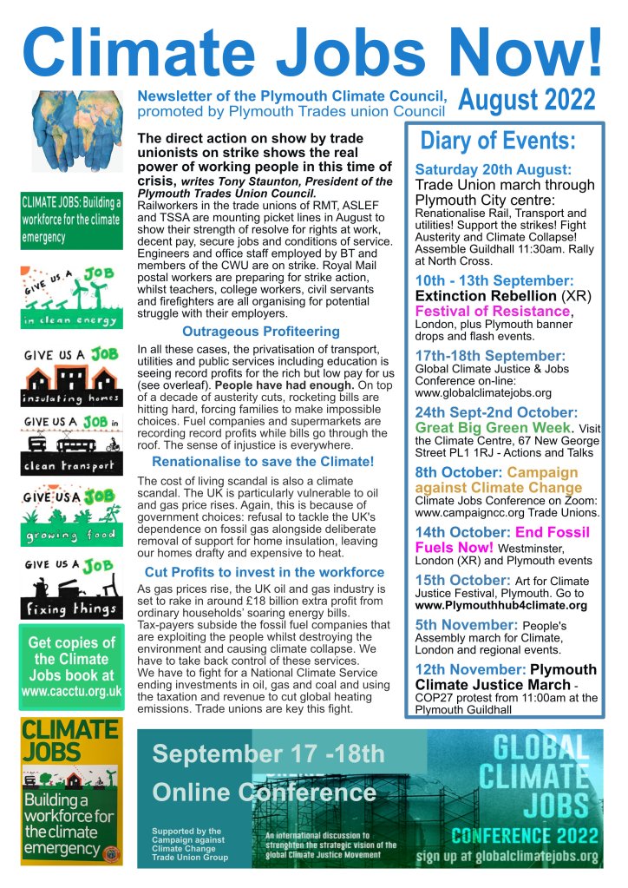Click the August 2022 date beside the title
[526, 101]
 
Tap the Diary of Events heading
[497, 141]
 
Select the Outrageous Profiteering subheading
[248, 332]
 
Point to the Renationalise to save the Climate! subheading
[263, 462]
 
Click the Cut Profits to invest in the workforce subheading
[265, 572]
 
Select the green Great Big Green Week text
[493, 428]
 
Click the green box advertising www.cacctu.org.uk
[71, 667]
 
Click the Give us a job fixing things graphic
[71, 589]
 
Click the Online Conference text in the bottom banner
[264, 792]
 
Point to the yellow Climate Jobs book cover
[71, 790]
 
